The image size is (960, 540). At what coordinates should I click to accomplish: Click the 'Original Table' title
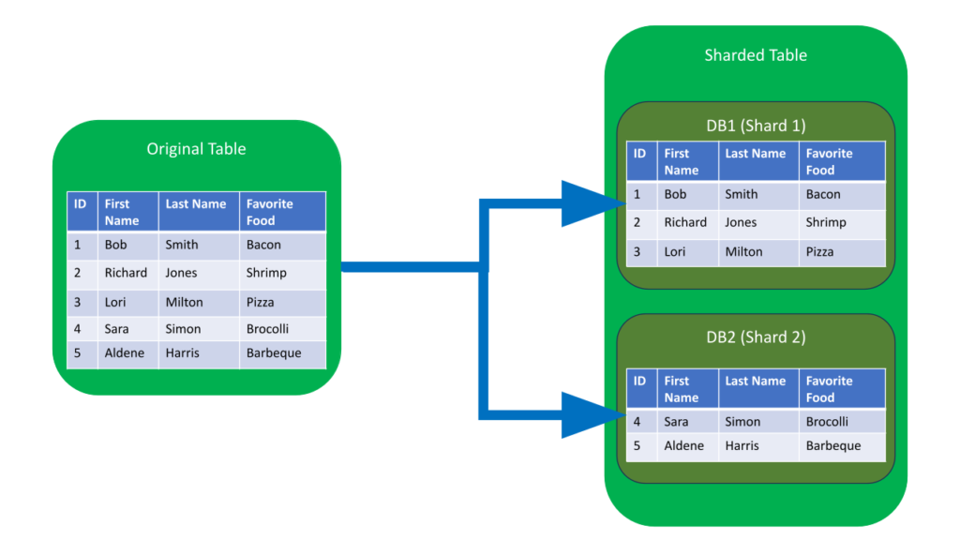click(196, 149)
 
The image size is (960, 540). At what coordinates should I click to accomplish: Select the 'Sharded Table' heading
click(755, 55)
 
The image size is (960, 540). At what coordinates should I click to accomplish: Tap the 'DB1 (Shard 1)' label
click(755, 125)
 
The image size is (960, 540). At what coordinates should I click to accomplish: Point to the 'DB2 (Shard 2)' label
click(755, 337)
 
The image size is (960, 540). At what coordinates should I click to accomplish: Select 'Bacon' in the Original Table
click(263, 245)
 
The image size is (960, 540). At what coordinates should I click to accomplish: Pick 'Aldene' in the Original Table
click(124, 353)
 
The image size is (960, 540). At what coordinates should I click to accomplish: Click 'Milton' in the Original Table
click(184, 302)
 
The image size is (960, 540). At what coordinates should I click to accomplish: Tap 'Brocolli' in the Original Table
click(267, 329)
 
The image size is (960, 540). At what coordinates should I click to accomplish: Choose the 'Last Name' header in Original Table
click(196, 204)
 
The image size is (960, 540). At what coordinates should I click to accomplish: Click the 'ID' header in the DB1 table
click(639, 154)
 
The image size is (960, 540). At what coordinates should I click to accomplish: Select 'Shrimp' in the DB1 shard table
click(825, 222)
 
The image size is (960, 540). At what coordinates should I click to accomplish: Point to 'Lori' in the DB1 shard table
click(675, 251)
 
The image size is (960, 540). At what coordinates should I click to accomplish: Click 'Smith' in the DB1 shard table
click(741, 194)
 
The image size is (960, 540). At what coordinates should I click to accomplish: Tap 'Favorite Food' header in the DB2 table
click(829, 389)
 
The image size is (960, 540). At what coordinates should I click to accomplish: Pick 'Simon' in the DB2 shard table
click(742, 422)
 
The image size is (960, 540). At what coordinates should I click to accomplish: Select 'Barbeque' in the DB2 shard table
click(832, 445)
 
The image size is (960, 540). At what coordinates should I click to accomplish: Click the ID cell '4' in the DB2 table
click(637, 422)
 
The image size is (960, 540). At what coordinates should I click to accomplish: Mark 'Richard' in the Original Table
click(126, 273)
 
